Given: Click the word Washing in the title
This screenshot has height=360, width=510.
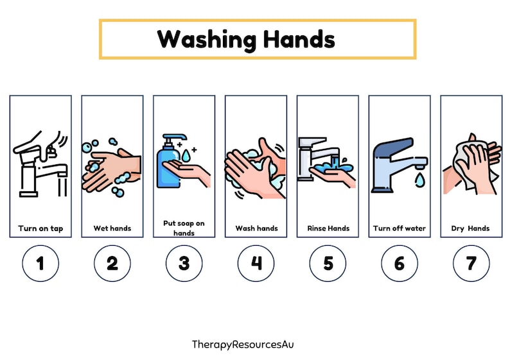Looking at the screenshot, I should pos(204,40).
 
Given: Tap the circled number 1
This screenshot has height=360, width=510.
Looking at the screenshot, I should pos(40,264).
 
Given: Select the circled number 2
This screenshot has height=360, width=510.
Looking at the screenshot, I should pos(112,264).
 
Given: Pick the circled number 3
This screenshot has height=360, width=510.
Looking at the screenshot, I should pos(184,264).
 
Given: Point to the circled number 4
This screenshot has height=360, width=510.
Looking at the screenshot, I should pos(256,264).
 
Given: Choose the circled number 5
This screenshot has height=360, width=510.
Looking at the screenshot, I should pos(328,264).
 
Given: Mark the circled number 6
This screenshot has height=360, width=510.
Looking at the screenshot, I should pos(400,264).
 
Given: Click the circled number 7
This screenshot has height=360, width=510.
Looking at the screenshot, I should pos(471,264).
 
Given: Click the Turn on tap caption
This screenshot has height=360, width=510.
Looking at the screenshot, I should pos(40,228).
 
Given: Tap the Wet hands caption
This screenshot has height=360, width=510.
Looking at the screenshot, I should pos(112,228).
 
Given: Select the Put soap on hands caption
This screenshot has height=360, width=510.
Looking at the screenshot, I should pos(184,228).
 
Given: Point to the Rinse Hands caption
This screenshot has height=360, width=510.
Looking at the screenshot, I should pos(328,228).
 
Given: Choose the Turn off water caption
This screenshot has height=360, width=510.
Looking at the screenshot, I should pos(400,228).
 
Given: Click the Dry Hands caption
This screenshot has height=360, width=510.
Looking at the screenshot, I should pos(471,228).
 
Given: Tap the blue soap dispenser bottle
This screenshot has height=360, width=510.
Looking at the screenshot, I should pos(169,166).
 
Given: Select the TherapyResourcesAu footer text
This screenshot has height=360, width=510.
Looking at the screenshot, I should pos(243,345).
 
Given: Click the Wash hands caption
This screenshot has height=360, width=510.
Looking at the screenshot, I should pos(256,228).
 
